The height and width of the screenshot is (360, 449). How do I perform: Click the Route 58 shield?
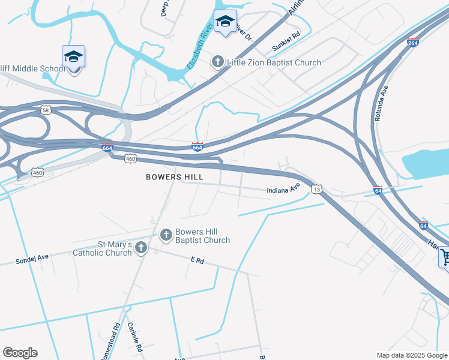46,110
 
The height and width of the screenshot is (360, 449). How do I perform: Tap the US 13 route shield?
316,189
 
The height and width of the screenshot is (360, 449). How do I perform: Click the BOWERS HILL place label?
175,177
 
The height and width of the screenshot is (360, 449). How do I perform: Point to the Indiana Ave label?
283,189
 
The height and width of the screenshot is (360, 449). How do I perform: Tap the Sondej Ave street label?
31,260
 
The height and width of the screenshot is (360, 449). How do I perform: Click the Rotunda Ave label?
381,104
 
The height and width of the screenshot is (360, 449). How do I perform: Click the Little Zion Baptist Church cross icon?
217,62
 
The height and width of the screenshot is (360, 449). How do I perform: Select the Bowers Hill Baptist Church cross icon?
167,235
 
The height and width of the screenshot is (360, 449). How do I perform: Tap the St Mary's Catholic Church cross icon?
140,247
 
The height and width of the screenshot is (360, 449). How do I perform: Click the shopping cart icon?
444,257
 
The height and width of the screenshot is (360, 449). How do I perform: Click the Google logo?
20,353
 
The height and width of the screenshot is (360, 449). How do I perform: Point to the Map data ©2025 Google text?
411,355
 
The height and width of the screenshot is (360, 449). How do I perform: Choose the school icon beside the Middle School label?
73,56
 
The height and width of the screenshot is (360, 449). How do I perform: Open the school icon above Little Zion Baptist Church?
225,22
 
